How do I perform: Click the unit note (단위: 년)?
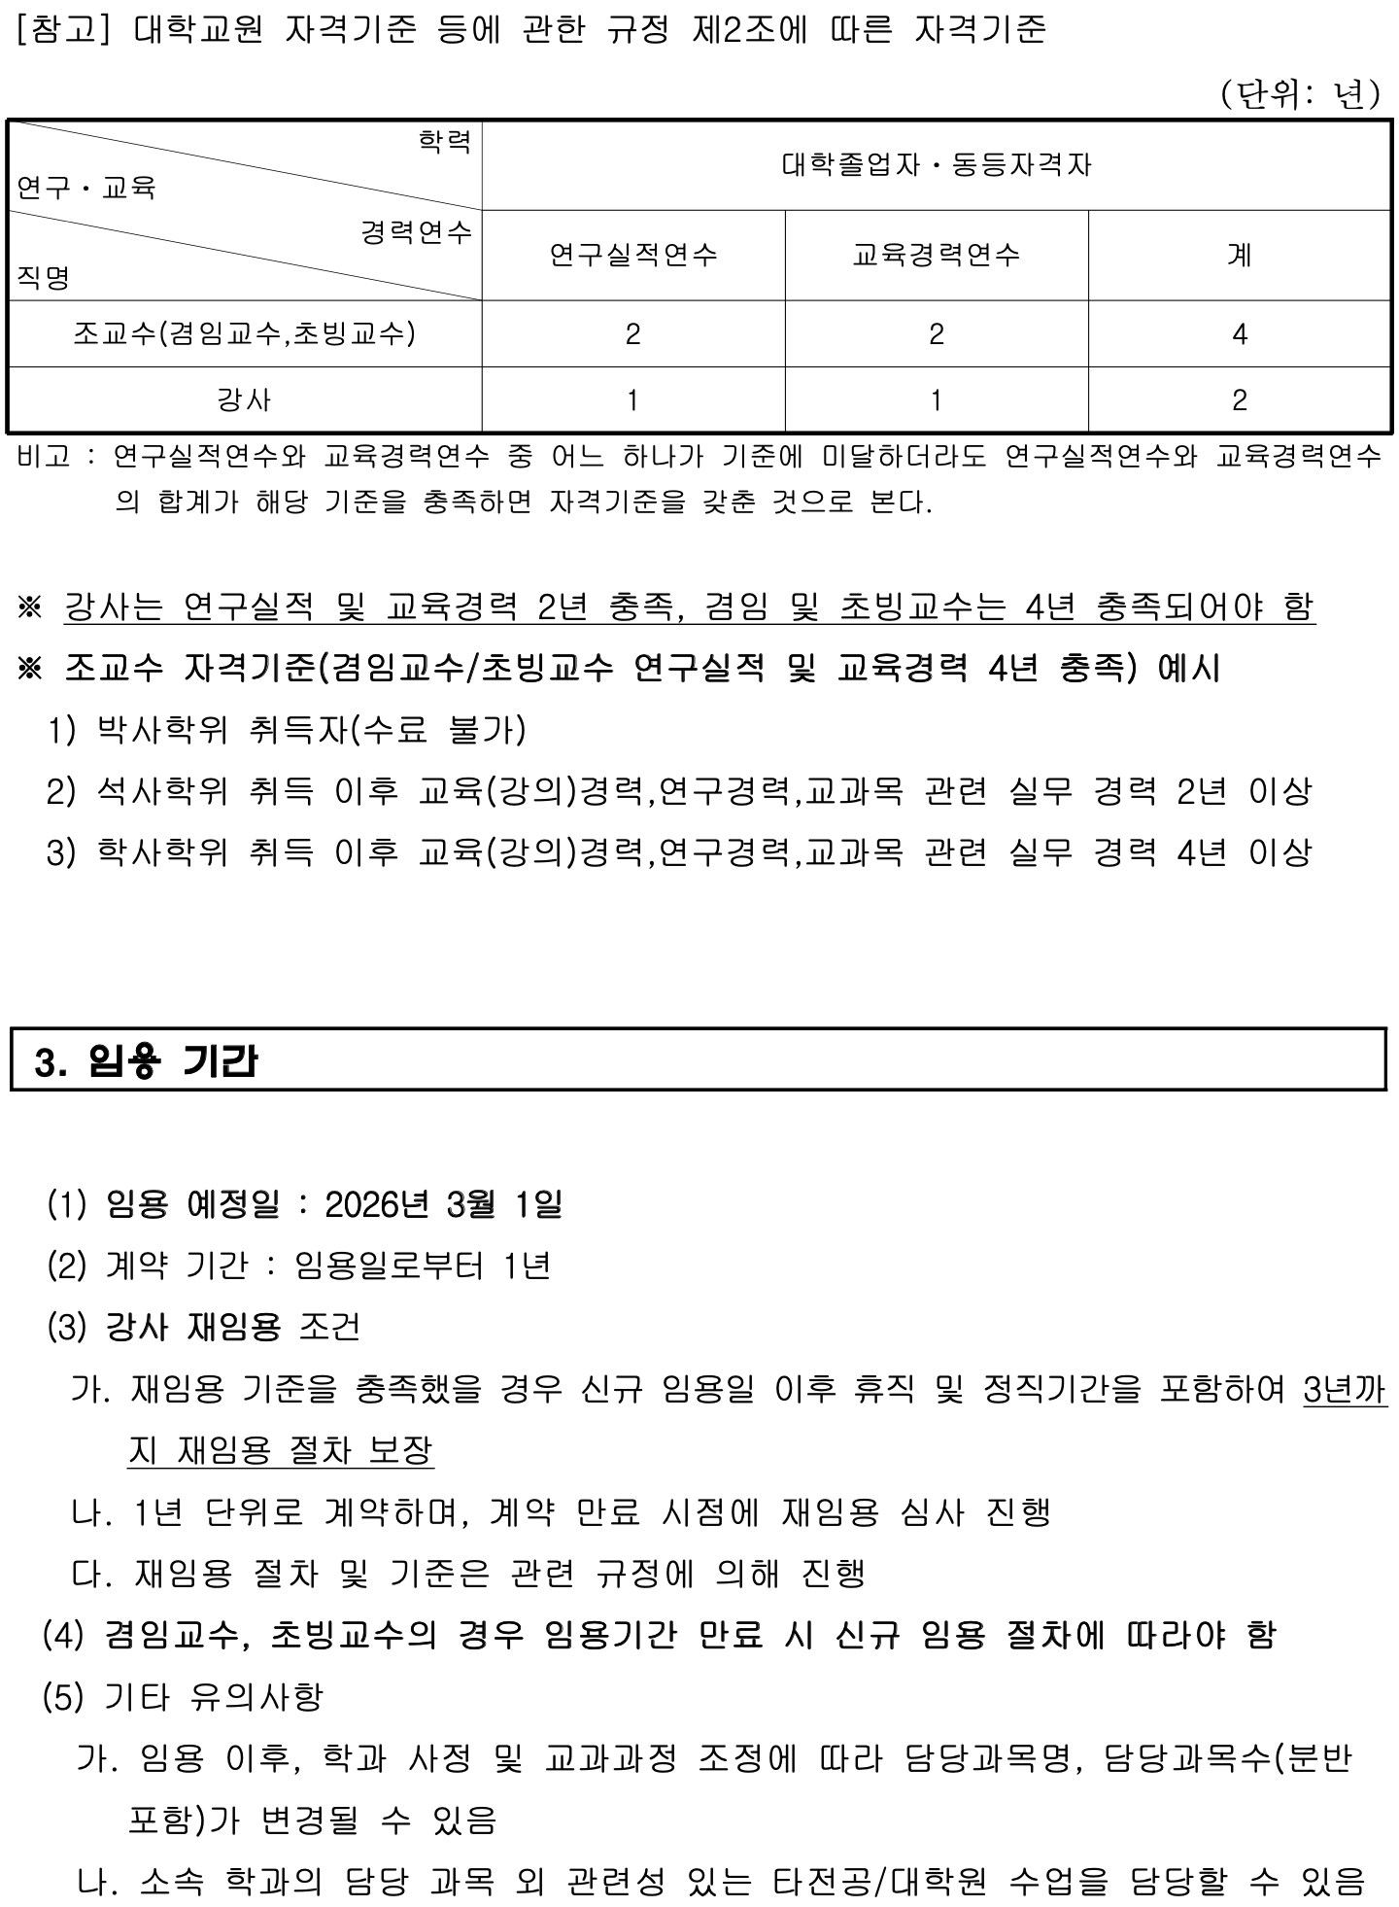[1300, 94]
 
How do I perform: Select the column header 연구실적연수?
[633, 255]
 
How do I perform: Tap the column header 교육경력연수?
[937, 255]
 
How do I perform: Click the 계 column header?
[1239, 255]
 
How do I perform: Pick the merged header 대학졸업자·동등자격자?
[937, 164]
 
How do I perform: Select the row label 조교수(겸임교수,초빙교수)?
[244, 333]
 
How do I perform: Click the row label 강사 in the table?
[244, 399]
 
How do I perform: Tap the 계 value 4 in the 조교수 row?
[1239, 334]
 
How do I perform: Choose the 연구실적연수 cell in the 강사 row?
[633, 400]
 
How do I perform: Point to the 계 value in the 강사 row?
[1239, 400]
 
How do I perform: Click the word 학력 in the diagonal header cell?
[444, 142]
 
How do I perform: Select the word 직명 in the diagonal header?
[43, 279]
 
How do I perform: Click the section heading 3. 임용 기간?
[146, 1061]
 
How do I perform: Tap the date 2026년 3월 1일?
[443, 1204]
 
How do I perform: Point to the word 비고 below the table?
[44, 456]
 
